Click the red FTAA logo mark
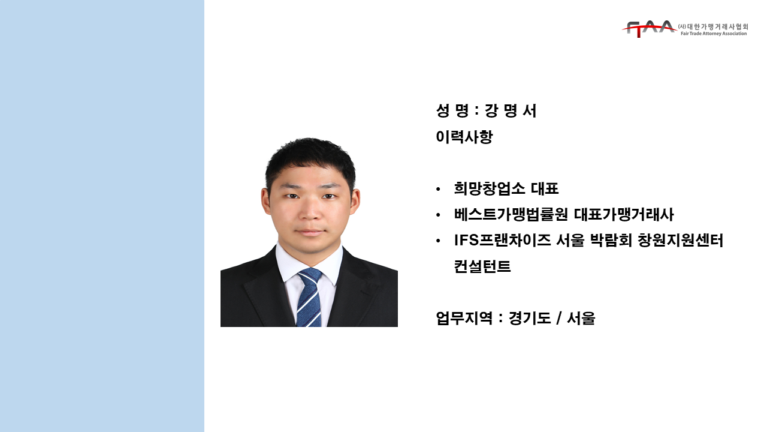click(649, 29)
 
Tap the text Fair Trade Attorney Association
click(714, 34)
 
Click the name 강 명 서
click(511, 111)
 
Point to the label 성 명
click(452, 111)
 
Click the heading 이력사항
click(464, 137)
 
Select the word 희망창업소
click(490, 188)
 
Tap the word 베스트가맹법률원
click(511, 215)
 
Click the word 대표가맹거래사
click(624, 215)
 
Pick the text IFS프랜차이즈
click(502, 241)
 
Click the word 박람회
click(611, 241)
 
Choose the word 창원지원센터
click(680, 241)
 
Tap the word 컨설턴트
click(482, 266)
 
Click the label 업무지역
click(464, 318)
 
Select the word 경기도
click(530, 318)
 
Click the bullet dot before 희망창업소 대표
click(438, 189)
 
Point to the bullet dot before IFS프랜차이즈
click(438, 241)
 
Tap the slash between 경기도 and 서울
click(559, 318)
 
